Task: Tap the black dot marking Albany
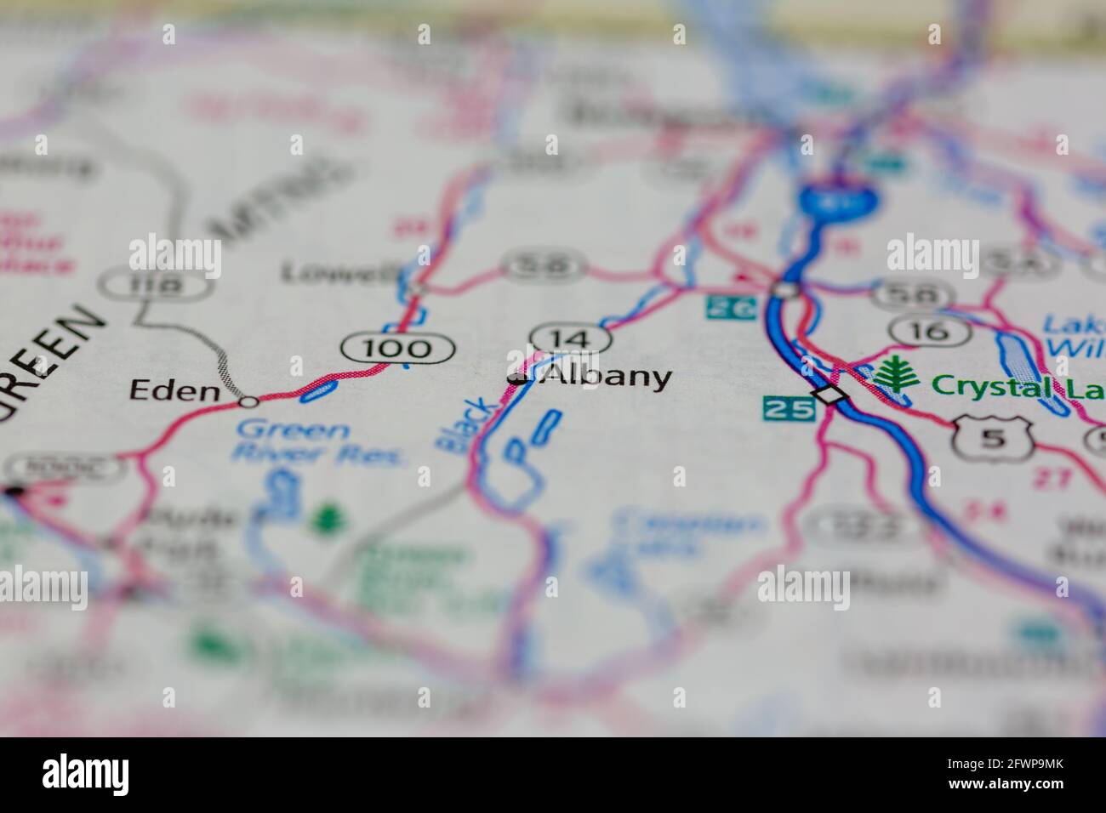(516, 378)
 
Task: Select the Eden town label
(174, 390)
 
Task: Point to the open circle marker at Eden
(248, 401)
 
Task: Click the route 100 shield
(397, 347)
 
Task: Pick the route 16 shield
(932, 331)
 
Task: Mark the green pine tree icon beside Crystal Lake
(893, 374)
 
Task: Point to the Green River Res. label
(321, 443)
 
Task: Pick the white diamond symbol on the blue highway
(830, 395)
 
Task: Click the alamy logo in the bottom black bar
(87, 773)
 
